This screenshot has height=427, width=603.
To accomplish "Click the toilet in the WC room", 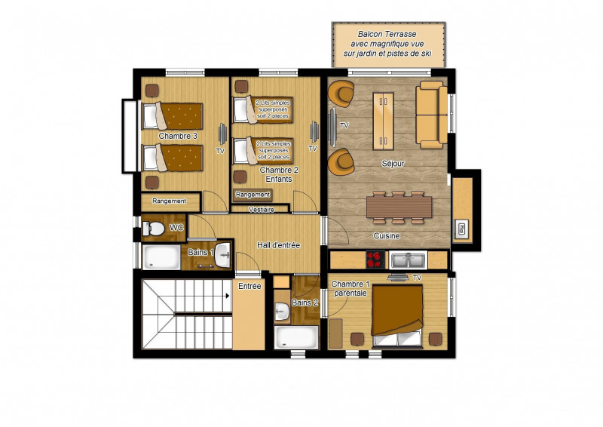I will pyautogui.click(x=155, y=227).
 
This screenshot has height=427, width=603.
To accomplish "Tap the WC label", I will pyautogui.click(x=176, y=227).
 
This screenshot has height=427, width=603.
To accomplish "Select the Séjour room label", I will pyautogui.click(x=393, y=163).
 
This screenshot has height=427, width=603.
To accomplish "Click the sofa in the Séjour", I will pyautogui.click(x=431, y=115).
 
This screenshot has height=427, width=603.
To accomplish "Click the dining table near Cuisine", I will pyautogui.click(x=399, y=206).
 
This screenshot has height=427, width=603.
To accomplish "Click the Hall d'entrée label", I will pyautogui.click(x=279, y=244).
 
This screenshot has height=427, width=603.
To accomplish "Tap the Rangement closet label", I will pyautogui.click(x=170, y=201).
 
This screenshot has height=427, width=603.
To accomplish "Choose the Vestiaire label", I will pyautogui.click(x=260, y=209).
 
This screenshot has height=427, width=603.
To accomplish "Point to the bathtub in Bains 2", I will pyautogui.click(x=297, y=336).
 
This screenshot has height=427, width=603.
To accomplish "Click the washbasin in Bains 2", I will pyautogui.click(x=282, y=311).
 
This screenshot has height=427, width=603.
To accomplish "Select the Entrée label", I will pyautogui.click(x=249, y=286).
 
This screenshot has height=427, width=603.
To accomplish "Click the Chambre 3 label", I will pyautogui.click(x=178, y=137).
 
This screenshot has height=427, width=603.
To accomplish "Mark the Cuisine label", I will pyautogui.click(x=387, y=236).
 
